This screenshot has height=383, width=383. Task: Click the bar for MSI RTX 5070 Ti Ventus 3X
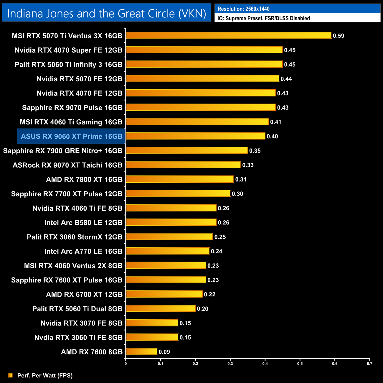pyautogui.click(x=229, y=36)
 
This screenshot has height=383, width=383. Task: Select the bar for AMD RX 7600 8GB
pyautogui.click(x=141, y=351)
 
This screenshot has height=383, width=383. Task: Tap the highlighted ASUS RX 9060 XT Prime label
pyautogui.click(x=72, y=136)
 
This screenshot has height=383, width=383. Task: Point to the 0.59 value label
pyautogui.click(x=339, y=36)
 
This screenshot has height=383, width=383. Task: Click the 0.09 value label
pyautogui.click(x=164, y=352)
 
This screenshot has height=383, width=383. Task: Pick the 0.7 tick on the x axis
pyautogui.click(x=369, y=364)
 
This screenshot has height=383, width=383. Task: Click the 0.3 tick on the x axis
pyautogui.click(x=230, y=364)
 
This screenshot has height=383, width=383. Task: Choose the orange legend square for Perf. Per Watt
pyautogui.click(x=10, y=375)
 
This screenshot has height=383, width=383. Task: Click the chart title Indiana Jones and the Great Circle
pyautogui.click(x=107, y=14)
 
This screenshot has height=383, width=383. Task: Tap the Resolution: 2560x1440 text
pyautogui.click(x=243, y=9)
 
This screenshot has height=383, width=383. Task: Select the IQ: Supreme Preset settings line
pyautogui.click(x=264, y=18)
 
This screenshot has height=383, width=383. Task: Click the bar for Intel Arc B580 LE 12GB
pyautogui.click(x=171, y=222)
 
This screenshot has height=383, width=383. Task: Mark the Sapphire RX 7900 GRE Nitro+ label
pyautogui.click(x=63, y=151)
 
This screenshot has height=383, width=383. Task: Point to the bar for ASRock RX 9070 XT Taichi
pyautogui.click(x=183, y=165)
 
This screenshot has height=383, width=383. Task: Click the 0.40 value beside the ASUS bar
pyautogui.click(x=272, y=136)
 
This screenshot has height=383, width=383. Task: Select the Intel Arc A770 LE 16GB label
pyautogui.click(x=83, y=251)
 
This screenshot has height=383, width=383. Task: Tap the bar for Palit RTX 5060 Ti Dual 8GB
pyautogui.click(x=161, y=308)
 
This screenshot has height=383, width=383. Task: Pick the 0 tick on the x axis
pyautogui.click(x=126, y=364)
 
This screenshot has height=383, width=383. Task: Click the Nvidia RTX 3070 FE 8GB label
pyautogui.click(x=82, y=323)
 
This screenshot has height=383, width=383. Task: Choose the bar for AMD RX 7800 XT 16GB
pyautogui.click(x=180, y=179)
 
